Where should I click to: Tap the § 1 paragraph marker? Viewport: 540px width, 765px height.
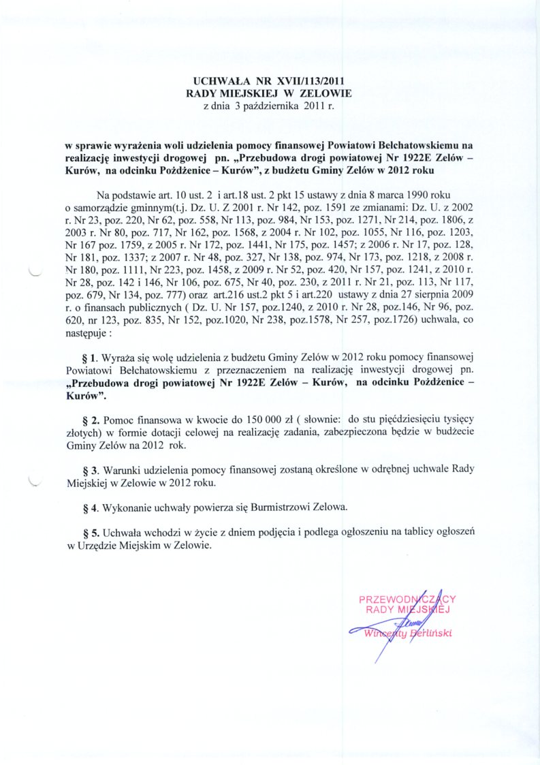point(90,357)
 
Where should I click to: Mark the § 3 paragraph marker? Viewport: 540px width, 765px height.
point(90,469)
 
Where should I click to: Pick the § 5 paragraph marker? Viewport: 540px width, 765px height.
point(90,531)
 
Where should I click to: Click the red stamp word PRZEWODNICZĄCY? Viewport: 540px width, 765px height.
point(407,599)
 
